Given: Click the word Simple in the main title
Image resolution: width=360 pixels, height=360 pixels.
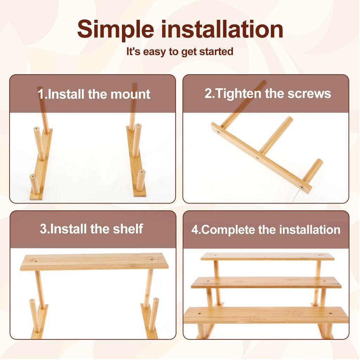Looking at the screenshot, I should click(x=115, y=30).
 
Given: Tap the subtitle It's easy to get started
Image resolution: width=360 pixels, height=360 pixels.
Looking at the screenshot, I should click(x=180, y=52).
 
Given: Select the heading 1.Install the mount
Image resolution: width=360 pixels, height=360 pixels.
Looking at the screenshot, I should click(x=94, y=94).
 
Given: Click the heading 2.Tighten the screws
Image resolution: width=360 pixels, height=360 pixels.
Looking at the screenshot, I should click(x=268, y=94).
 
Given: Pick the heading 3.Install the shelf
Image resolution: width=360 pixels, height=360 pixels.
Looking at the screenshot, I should click(x=91, y=229).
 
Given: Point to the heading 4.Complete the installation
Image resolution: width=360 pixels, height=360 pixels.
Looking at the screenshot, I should click(x=266, y=230).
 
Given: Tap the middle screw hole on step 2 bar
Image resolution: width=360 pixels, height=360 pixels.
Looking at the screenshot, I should click(x=257, y=158).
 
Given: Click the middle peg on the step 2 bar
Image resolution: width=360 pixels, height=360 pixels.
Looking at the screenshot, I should click(x=276, y=135).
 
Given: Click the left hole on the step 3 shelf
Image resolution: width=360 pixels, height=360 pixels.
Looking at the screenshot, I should click(x=35, y=261).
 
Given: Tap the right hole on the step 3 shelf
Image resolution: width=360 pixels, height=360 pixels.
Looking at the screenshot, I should click(x=153, y=260).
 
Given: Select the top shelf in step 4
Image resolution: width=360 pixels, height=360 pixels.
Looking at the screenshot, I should click(x=267, y=257).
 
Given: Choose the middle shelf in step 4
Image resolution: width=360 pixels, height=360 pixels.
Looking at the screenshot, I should click(x=266, y=282).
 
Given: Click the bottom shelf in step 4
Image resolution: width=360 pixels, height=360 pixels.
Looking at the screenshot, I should click(x=266, y=315).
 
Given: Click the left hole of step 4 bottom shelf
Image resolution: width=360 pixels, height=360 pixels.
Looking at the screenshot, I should click(x=199, y=313).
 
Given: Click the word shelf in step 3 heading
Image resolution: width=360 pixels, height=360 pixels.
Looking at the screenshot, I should click(x=128, y=229).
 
